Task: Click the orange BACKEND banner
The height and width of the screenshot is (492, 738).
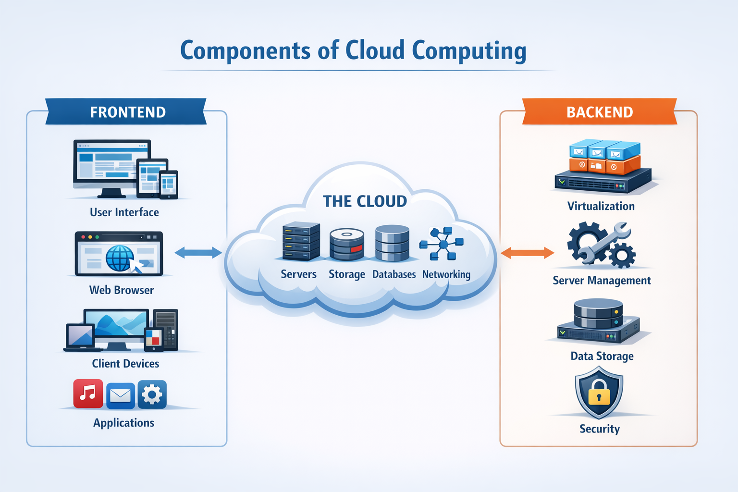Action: [x=600, y=112]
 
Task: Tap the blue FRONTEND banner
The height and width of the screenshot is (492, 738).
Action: [x=127, y=112]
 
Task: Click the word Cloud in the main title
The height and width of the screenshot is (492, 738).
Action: [x=375, y=50]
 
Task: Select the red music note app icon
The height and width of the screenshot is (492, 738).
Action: [x=88, y=394]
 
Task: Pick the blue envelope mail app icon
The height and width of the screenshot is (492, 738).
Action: [x=120, y=395]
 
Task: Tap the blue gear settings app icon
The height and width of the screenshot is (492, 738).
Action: [x=152, y=394]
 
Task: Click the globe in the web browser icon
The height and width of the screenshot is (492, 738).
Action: [x=119, y=258]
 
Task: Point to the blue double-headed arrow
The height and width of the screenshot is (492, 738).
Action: [x=198, y=253]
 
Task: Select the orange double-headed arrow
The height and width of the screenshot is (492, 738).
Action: [x=527, y=253]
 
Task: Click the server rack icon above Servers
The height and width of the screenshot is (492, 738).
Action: [x=301, y=241]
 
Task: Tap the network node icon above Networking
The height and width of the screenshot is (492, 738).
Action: [x=442, y=244]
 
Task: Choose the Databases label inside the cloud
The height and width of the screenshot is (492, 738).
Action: [x=394, y=274]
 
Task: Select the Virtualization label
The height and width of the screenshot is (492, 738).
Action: [x=601, y=206]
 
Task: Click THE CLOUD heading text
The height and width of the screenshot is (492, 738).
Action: [x=365, y=201]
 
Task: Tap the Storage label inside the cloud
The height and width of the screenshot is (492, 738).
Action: [x=346, y=274]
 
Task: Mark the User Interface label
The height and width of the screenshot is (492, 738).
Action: [x=124, y=212]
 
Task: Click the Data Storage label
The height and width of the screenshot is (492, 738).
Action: [x=602, y=356]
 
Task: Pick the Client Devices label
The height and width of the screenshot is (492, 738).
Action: [x=125, y=364]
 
